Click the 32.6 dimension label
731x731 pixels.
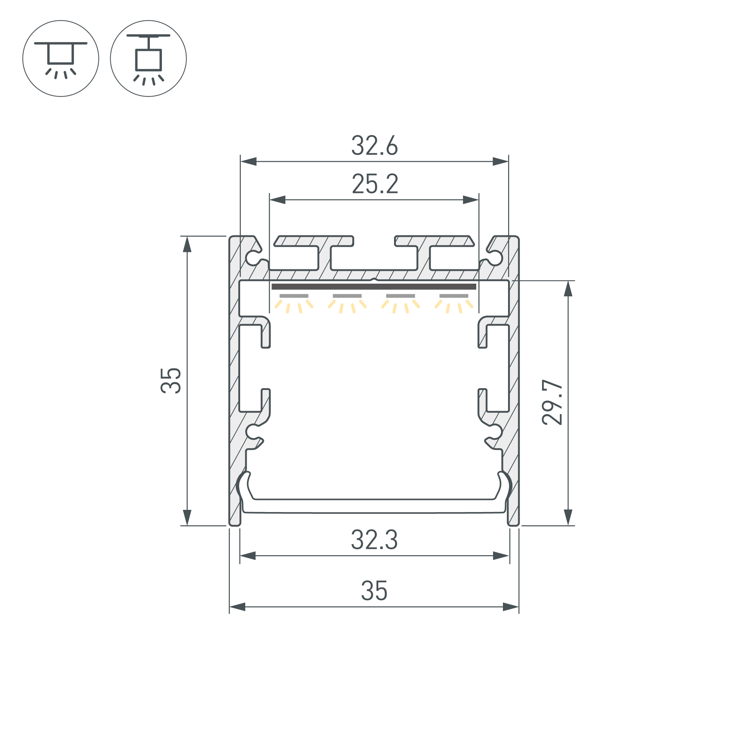point(375,145)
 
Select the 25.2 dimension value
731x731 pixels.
point(375,184)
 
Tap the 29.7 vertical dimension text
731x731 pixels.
point(552,402)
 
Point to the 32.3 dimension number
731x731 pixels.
point(374,539)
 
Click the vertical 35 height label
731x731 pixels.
point(171,380)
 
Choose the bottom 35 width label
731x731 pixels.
point(374,591)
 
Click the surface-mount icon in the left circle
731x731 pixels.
point(61,59)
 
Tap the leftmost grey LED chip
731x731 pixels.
point(294,296)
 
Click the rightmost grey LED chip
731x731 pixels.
point(454,296)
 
